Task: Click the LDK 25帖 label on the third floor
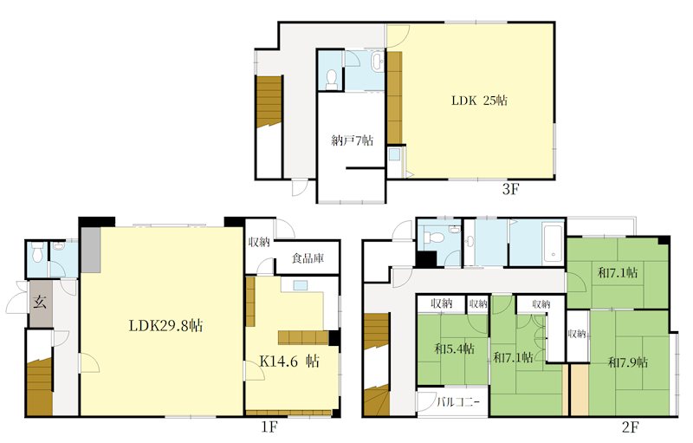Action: pos(479,101)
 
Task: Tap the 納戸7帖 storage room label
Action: pos(352,140)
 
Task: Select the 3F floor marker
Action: pos(510,189)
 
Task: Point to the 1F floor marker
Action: pos(269,427)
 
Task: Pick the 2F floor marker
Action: pos(631,427)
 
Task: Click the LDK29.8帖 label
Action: pos(166,326)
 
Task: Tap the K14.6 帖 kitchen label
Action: pos(289,362)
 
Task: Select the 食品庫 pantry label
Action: pos(308,257)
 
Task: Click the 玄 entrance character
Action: pos(40,303)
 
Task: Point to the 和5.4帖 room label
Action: pos(454,349)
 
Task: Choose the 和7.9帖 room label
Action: pos(628,362)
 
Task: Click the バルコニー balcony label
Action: pos(458,403)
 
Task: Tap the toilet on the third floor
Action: pos(331,78)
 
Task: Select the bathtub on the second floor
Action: pos(553,244)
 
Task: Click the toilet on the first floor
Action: pos(37,251)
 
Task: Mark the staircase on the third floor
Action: pos(269,101)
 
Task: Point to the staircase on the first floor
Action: pos(40,388)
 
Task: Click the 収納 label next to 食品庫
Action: pos(259,242)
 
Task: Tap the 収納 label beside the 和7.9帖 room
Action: pos(577,333)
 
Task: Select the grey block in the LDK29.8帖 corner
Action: pos(90,250)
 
